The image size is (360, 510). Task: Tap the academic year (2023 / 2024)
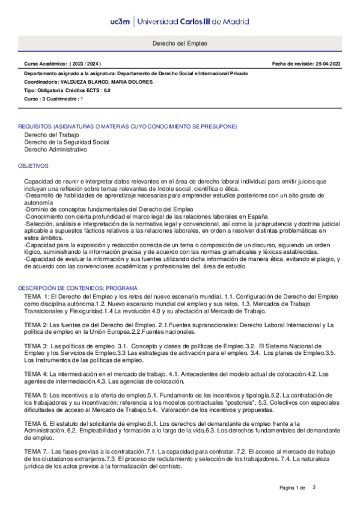tap(85, 63)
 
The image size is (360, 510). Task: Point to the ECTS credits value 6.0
tap(107, 90)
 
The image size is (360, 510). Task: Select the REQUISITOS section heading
tap(127, 127)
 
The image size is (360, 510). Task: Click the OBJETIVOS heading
tap(33, 165)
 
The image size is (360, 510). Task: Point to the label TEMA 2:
tap(37, 325)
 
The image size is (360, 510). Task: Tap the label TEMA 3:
tap(36, 346)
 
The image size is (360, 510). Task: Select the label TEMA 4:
tap(36, 374)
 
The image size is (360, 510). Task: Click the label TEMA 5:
tap(36, 395)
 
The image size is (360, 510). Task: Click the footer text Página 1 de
tap(293, 487)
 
